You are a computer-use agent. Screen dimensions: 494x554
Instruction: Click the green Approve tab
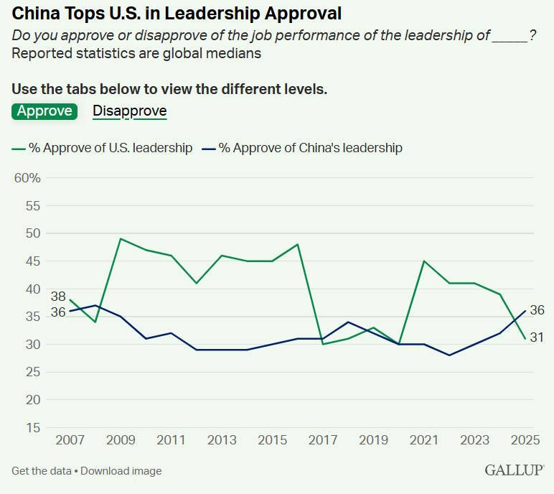tap(44, 111)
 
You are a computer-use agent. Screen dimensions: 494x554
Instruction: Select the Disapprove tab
tap(130, 111)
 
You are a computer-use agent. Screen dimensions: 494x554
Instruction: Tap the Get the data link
tap(41, 471)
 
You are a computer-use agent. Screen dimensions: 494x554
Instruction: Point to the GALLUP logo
tap(514, 470)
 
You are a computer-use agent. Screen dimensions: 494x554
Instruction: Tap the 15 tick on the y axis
tap(33, 428)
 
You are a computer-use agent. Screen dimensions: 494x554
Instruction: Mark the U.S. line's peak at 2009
tap(120, 238)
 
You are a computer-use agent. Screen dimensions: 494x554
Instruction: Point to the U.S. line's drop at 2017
tap(324, 344)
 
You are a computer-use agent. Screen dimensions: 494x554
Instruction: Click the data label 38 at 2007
tap(58, 297)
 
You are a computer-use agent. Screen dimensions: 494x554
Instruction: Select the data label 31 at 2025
tap(537, 337)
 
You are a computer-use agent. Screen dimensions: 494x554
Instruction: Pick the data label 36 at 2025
tap(537, 310)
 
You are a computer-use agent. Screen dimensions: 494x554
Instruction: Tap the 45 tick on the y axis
tap(33, 261)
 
